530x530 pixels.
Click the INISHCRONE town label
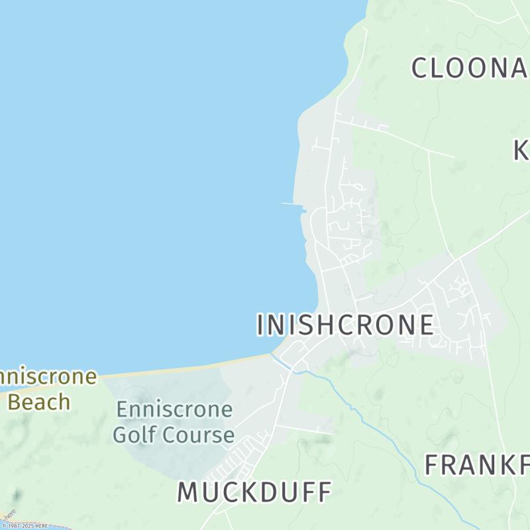345,325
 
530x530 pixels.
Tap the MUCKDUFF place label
254,492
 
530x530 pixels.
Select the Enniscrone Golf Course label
174,422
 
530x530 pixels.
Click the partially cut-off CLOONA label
470,68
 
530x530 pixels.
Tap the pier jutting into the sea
291,204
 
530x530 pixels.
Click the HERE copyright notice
25,526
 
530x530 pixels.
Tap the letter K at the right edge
521,150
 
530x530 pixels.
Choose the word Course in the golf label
199,435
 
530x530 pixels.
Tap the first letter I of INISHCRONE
260,325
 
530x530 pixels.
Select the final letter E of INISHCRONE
427,325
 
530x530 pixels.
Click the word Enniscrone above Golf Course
174,409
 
